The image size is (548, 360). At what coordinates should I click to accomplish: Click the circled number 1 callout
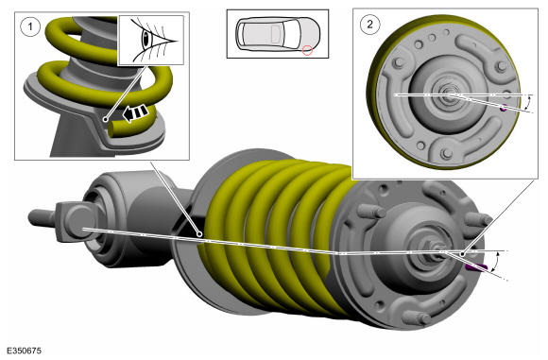click(x=29, y=26)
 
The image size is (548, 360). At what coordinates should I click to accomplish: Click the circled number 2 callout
click(x=369, y=25)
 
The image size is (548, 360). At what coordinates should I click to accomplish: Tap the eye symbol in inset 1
click(x=146, y=39)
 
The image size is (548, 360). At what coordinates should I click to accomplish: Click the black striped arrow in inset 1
click(x=136, y=112)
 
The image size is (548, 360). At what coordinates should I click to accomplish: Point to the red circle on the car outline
click(x=307, y=50)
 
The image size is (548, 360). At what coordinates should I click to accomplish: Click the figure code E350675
click(x=24, y=351)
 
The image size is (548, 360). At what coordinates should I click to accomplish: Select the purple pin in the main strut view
click(x=476, y=267)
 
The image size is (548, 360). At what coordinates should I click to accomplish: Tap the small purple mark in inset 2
click(x=504, y=108)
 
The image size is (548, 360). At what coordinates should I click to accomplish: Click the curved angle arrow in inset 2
click(x=528, y=104)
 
